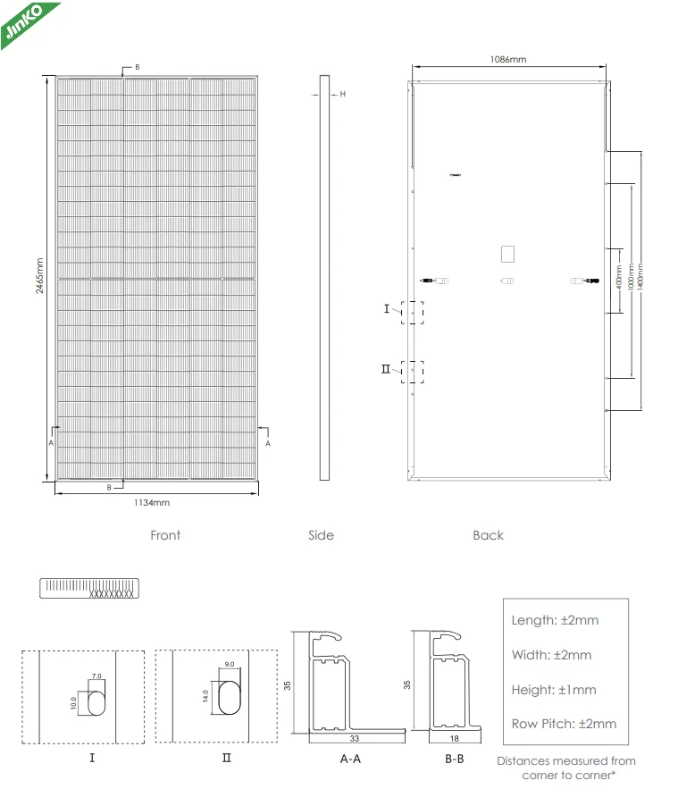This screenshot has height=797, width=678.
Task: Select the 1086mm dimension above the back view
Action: tap(508, 59)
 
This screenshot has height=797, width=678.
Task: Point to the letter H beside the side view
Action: tap(342, 93)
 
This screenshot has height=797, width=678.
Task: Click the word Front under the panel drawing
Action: tap(165, 535)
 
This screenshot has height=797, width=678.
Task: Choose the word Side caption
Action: tap(321, 535)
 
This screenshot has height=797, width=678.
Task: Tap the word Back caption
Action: tap(489, 535)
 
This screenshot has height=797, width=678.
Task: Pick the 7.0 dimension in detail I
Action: tap(97, 677)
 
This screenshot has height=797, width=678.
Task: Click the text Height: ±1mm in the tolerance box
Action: tap(553, 690)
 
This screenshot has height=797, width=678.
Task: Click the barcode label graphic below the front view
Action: tap(91, 588)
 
